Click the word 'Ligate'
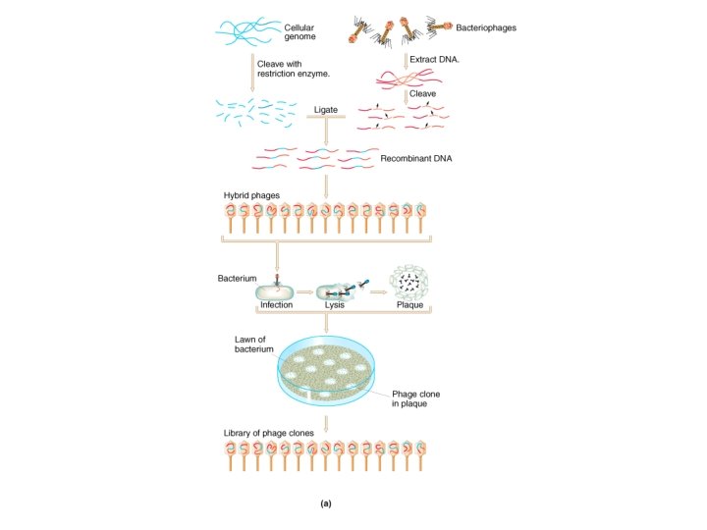[x=326, y=110]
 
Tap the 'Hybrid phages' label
[x=251, y=195]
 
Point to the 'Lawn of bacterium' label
[x=254, y=344]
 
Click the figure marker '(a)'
[x=326, y=503]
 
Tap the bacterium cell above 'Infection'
[x=277, y=290]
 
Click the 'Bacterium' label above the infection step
[x=237, y=279]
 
